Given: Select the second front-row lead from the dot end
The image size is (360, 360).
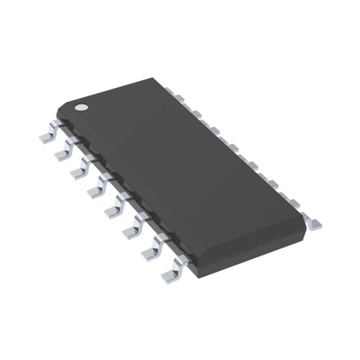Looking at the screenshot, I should coord(66,153).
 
